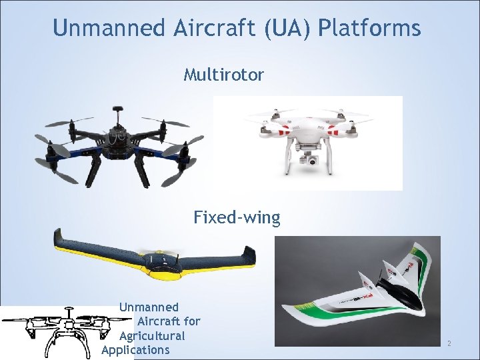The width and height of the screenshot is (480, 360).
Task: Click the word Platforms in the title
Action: pos(369,28)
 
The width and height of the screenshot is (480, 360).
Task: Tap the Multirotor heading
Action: pos(223,74)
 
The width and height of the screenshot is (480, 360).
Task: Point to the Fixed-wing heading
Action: pos(237,217)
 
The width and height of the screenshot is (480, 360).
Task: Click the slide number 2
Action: pos(449,343)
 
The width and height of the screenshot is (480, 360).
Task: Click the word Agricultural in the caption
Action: pos(152,336)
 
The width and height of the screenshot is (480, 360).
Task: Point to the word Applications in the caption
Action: pos(135,350)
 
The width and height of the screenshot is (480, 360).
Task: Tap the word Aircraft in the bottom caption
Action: pos(169,321)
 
